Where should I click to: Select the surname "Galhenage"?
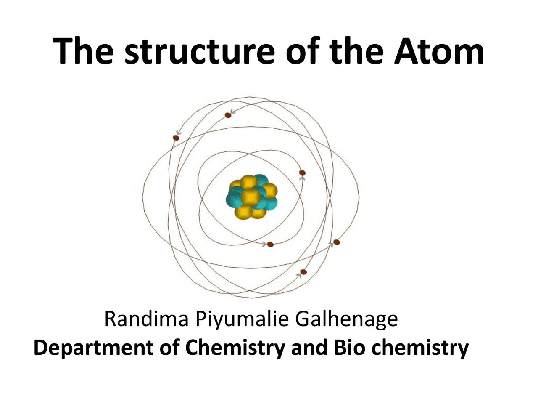pos(345,320)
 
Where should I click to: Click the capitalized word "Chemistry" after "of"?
pos(235,348)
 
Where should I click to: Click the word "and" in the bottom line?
pos(309,348)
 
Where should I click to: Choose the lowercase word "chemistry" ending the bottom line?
pos(420,348)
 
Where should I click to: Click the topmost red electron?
pos(228,115)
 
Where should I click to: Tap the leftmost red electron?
pos(176,138)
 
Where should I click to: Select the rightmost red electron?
pos(336,242)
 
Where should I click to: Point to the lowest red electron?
pos(303,272)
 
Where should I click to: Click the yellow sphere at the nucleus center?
pos(251,197)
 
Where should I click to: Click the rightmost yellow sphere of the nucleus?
pos(269,191)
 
